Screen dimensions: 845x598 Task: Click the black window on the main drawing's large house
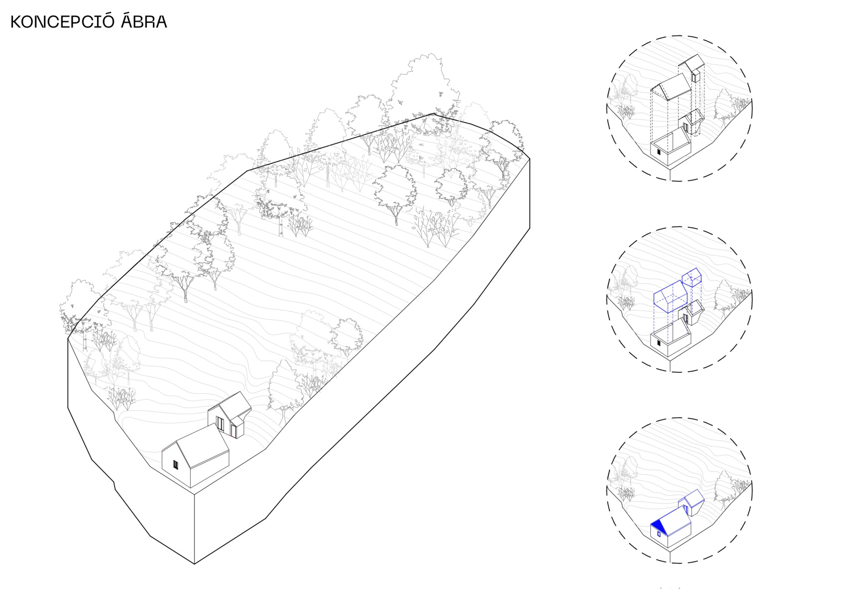tap(175, 465)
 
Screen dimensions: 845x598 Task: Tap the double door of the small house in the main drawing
tap(220, 424)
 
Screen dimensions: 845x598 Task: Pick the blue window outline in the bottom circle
tap(659, 534)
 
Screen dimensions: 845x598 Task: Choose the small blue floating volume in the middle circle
tap(692, 278)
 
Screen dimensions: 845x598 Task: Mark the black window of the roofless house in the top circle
tap(659, 152)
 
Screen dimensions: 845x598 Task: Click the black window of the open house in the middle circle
tap(659, 343)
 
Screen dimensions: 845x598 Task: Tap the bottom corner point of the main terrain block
tap(194, 564)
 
